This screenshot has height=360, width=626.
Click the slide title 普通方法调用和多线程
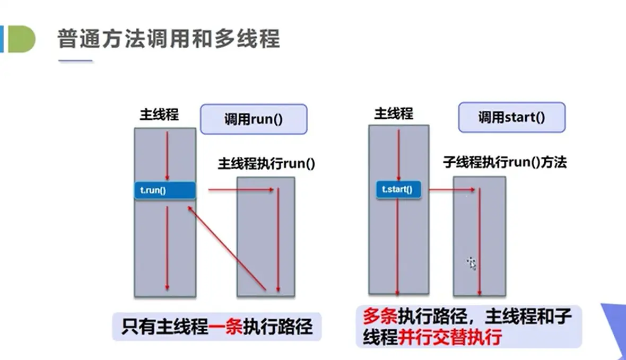pyautogui.click(x=169, y=39)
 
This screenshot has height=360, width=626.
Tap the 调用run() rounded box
pyautogui.click(x=254, y=119)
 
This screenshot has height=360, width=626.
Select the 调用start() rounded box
pyautogui.click(x=511, y=117)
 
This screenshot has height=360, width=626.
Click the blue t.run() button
pyautogui.click(x=164, y=190)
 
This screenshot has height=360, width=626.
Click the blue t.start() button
pyautogui.click(x=398, y=189)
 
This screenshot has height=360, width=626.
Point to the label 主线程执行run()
pyautogui.click(x=266, y=163)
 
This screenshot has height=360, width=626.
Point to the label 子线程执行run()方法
pyautogui.click(x=505, y=162)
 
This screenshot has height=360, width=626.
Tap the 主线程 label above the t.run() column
pyautogui.click(x=159, y=115)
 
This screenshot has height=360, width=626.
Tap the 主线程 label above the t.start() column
pyautogui.click(x=394, y=113)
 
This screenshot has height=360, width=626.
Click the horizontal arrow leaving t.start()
pyautogui.click(x=451, y=188)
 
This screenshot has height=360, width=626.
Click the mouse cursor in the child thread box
pyautogui.click(x=471, y=262)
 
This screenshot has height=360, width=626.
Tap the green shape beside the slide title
pyautogui.click(x=21, y=40)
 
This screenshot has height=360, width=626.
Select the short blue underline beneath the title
pyautogui.click(x=75, y=62)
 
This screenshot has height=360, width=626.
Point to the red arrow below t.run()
pyautogui.click(x=167, y=247)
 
